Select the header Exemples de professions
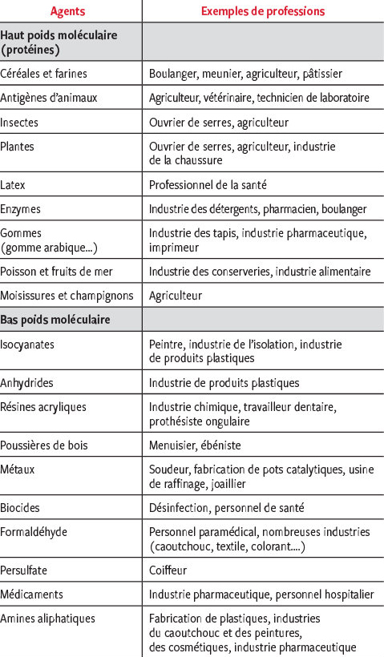[262, 11]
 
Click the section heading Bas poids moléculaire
[55, 320]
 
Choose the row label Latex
[14, 184]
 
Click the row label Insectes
[19, 123]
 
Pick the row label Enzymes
[21, 208]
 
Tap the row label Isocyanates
[28, 344]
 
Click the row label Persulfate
[26, 570]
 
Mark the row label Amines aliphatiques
[48, 619]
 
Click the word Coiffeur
[168, 570]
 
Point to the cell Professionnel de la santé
[208, 184]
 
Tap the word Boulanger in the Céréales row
[172, 74]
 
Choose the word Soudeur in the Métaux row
[168, 469]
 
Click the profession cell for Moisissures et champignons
[176, 295]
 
